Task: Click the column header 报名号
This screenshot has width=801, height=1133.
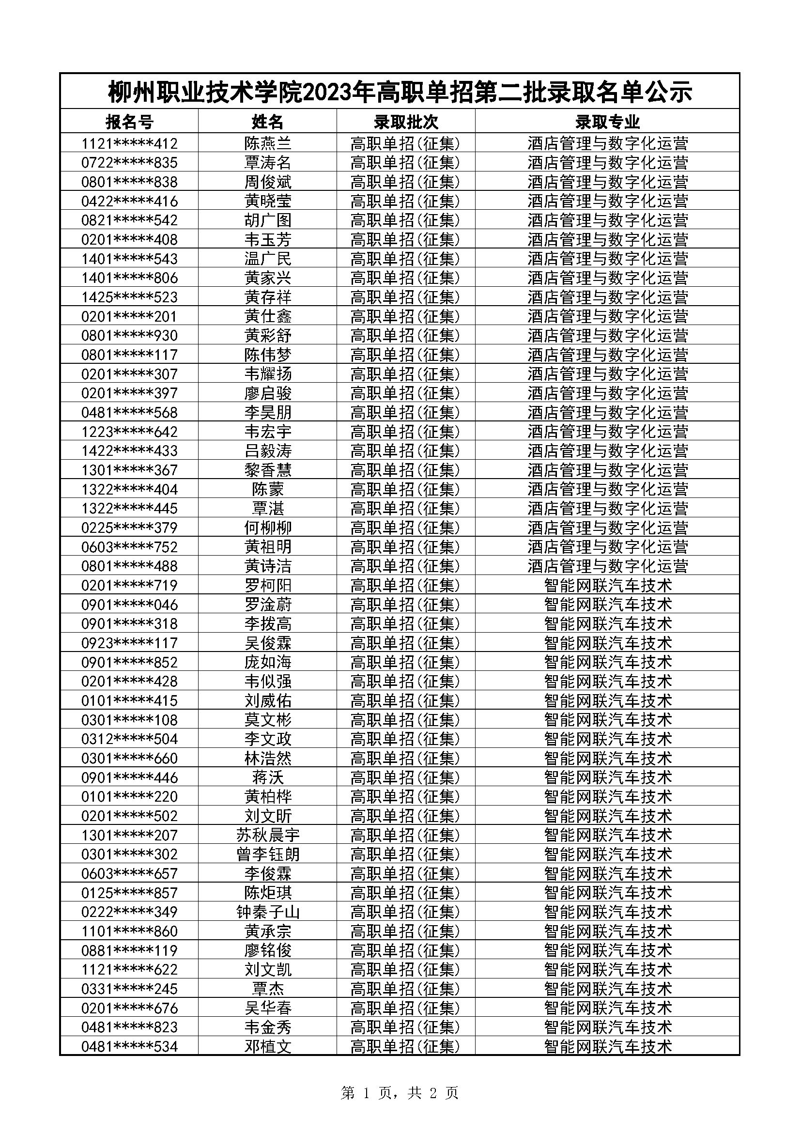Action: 129,122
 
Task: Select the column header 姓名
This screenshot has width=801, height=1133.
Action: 267,122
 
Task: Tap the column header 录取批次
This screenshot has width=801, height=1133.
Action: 405,122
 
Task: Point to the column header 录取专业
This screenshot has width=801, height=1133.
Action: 607,122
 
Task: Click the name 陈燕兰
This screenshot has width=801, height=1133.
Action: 267,143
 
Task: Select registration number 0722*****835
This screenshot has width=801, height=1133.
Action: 129,162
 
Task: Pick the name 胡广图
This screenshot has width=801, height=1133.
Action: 267,220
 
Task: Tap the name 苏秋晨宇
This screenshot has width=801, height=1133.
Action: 267,835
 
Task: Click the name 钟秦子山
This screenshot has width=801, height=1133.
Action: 267,912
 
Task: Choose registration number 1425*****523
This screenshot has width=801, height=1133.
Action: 129,297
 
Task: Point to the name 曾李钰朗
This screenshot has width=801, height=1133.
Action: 267,854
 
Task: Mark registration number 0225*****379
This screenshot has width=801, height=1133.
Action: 129,528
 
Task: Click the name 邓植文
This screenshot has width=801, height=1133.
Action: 267,1046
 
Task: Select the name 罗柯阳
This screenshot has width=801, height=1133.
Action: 267,585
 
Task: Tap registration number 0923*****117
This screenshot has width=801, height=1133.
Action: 129,643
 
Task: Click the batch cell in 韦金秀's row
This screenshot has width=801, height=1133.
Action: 405,1027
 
